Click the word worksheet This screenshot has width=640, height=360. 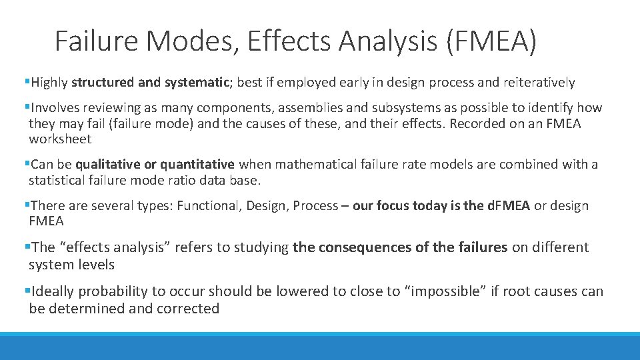[x=60, y=139]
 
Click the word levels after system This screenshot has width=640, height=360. [x=96, y=265]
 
